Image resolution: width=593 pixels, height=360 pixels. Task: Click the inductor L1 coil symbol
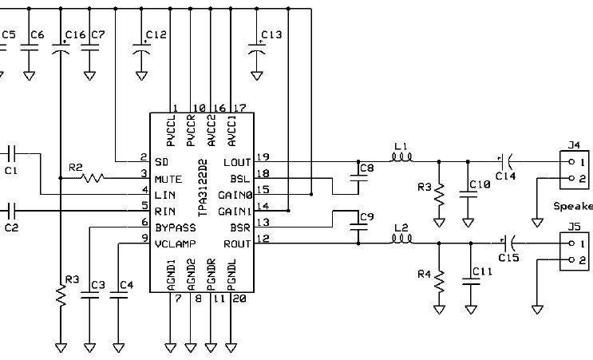pyautogui.click(x=401, y=157)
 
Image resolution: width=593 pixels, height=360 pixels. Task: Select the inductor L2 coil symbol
pyautogui.click(x=401, y=239)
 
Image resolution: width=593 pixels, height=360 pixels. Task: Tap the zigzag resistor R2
pyautogui.click(x=93, y=178)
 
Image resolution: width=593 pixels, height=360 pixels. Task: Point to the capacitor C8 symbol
pyautogui.click(x=358, y=178)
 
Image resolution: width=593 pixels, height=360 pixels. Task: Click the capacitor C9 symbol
pyautogui.click(x=358, y=227)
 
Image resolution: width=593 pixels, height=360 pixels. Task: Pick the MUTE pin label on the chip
pyautogui.click(x=168, y=179)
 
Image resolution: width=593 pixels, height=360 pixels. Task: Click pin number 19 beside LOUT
pyautogui.click(x=263, y=156)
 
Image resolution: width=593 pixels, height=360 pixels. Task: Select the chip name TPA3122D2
pyautogui.click(x=203, y=188)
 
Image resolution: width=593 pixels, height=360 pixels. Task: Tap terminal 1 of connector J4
pyautogui.click(x=571, y=162)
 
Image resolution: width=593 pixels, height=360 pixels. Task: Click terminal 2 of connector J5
pyautogui.click(x=571, y=259)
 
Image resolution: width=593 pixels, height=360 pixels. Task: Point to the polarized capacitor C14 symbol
pyautogui.click(x=506, y=162)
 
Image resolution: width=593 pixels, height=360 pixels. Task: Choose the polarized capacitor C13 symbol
pyautogui.click(x=256, y=49)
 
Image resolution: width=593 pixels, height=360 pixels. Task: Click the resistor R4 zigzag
pyautogui.click(x=439, y=281)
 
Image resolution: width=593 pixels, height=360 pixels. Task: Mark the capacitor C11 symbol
pyautogui.click(x=471, y=281)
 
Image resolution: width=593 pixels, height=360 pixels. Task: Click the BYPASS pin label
pyautogui.click(x=176, y=227)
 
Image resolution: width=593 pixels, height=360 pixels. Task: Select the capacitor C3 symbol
pyautogui.click(x=89, y=295)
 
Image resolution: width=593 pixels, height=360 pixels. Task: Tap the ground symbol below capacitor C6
pyautogui.click(x=29, y=76)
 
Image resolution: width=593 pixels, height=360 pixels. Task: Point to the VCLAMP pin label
pyautogui.click(x=176, y=244)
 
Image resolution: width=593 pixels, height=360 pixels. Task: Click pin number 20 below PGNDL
pyautogui.click(x=239, y=299)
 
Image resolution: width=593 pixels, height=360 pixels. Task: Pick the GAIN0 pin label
pyautogui.click(x=235, y=195)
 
